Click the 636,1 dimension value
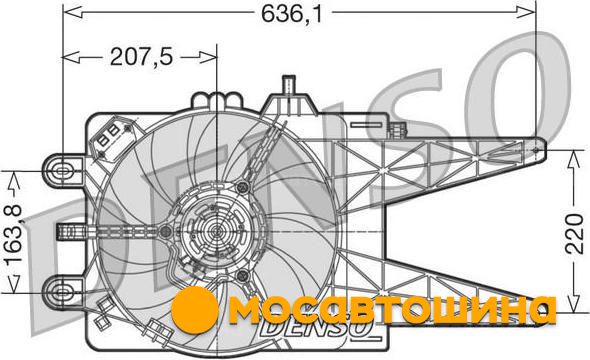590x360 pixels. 292,14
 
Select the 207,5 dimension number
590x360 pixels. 141,57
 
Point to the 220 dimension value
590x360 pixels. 575,233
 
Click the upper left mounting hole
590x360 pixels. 61,171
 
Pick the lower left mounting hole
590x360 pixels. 61,292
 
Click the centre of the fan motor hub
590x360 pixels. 216,231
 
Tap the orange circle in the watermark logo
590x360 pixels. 194,310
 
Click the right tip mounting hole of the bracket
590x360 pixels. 536,150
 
